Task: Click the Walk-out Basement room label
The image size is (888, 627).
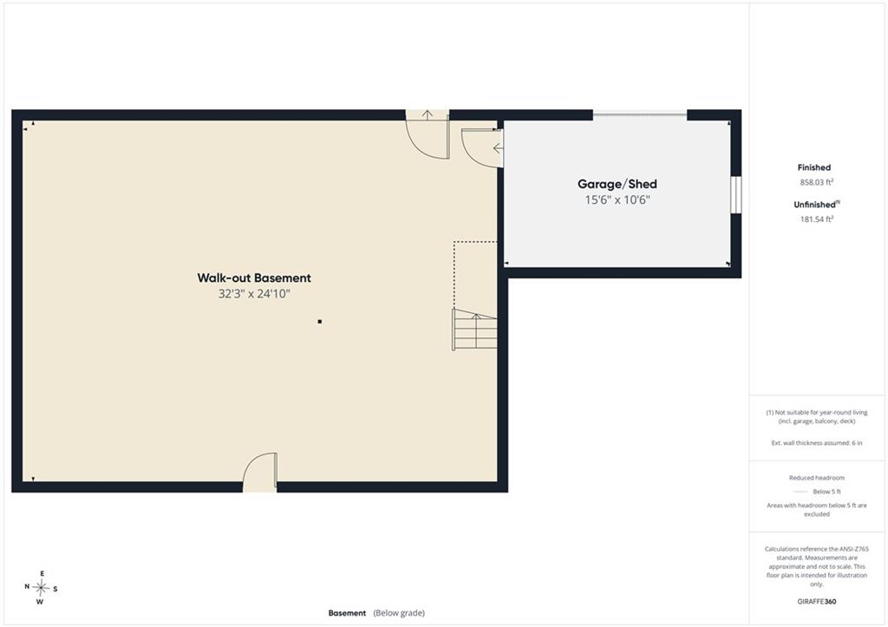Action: click(254, 278)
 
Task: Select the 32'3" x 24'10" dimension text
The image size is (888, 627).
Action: click(254, 294)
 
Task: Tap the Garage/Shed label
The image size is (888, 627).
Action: click(617, 184)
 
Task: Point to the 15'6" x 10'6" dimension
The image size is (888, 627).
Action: click(617, 200)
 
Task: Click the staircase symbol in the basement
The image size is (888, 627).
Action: click(474, 329)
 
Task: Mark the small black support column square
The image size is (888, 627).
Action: click(320, 322)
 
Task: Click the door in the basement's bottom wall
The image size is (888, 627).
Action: click(260, 472)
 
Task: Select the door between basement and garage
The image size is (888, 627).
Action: click(482, 147)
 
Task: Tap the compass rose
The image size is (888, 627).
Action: click(41, 588)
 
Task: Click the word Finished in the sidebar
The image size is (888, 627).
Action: click(813, 167)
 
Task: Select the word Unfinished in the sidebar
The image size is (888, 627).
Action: click(814, 205)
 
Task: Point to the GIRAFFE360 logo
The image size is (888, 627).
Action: click(817, 602)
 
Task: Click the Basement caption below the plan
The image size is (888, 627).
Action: click(347, 613)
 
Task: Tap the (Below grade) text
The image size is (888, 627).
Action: click(399, 613)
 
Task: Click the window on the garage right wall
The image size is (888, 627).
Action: click(735, 195)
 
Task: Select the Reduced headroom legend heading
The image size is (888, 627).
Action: click(817, 478)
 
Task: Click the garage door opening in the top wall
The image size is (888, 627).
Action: click(640, 115)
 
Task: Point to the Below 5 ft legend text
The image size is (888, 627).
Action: click(826, 492)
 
